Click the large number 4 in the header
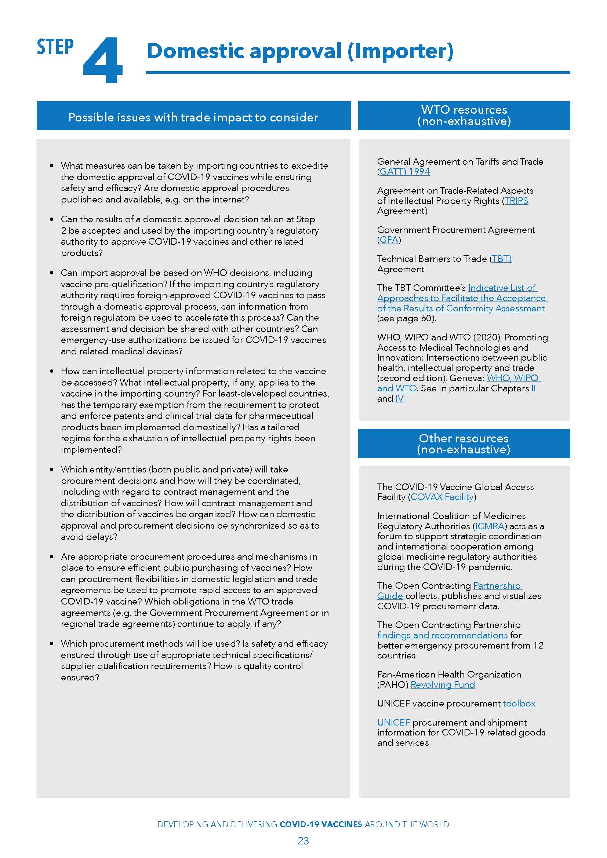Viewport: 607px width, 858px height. click(102, 61)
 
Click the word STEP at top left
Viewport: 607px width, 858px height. click(55, 47)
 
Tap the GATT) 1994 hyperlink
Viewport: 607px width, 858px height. click(404, 172)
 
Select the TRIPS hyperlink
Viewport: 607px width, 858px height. click(516, 201)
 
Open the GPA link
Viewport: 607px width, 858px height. click(389, 240)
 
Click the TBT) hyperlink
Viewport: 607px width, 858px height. click(501, 259)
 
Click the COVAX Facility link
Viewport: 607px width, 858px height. click(442, 497)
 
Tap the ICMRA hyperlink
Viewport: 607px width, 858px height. click(490, 526)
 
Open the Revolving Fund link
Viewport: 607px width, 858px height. click(443, 684)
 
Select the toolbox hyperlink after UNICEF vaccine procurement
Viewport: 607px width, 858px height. click(519, 703)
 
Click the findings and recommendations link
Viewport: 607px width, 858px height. click(442, 635)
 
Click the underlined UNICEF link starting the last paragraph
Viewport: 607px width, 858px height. click(393, 722)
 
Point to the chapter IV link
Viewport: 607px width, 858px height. click(399, 398)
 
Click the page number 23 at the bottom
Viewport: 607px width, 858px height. click(303, 841)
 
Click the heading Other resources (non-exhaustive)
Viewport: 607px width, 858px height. click(464, 443)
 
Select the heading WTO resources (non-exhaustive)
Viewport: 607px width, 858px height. click(464, 115)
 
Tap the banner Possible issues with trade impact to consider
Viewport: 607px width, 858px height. click(193, 117)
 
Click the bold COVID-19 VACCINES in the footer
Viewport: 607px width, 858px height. click(321, 824)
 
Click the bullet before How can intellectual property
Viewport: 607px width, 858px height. click(52, 372)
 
